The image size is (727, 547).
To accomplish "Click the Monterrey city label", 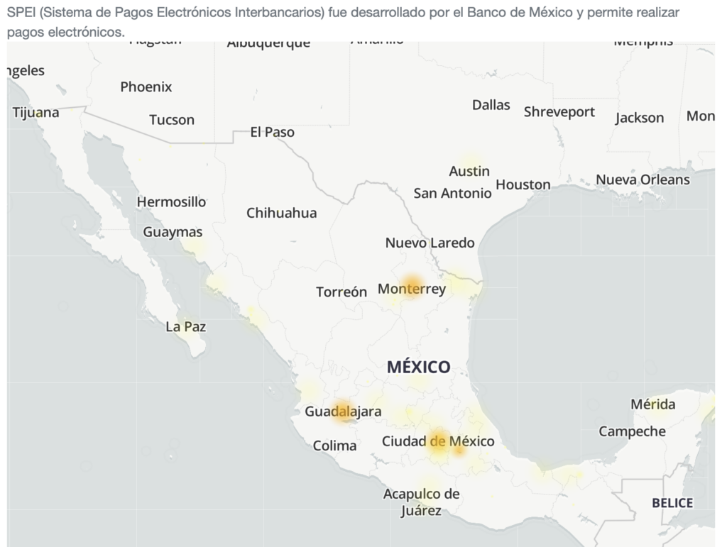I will (412, 289).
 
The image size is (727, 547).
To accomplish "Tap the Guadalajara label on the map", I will (343, 411).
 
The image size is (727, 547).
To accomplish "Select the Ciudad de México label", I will (438, 441).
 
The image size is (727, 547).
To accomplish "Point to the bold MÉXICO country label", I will (419, 367).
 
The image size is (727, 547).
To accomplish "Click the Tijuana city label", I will (35, 112).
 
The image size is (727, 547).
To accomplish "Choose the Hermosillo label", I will (171, 202).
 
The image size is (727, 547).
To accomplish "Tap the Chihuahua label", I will (282, 213).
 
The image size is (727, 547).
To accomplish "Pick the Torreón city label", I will (341, 292).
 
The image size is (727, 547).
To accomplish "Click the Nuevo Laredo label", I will (430, 243).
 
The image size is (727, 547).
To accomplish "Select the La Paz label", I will (185, 327).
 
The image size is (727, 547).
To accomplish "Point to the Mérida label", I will (653, 404).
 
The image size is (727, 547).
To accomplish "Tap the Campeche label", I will (632, 431).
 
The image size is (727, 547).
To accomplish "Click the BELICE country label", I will (672, 503).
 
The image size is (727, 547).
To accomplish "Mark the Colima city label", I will (334, 446).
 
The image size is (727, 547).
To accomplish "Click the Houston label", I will (523, 184).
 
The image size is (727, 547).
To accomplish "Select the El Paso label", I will (272, 132).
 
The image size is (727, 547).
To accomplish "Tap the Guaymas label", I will (173, 232).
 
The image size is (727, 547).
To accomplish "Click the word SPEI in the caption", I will (21, 13).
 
